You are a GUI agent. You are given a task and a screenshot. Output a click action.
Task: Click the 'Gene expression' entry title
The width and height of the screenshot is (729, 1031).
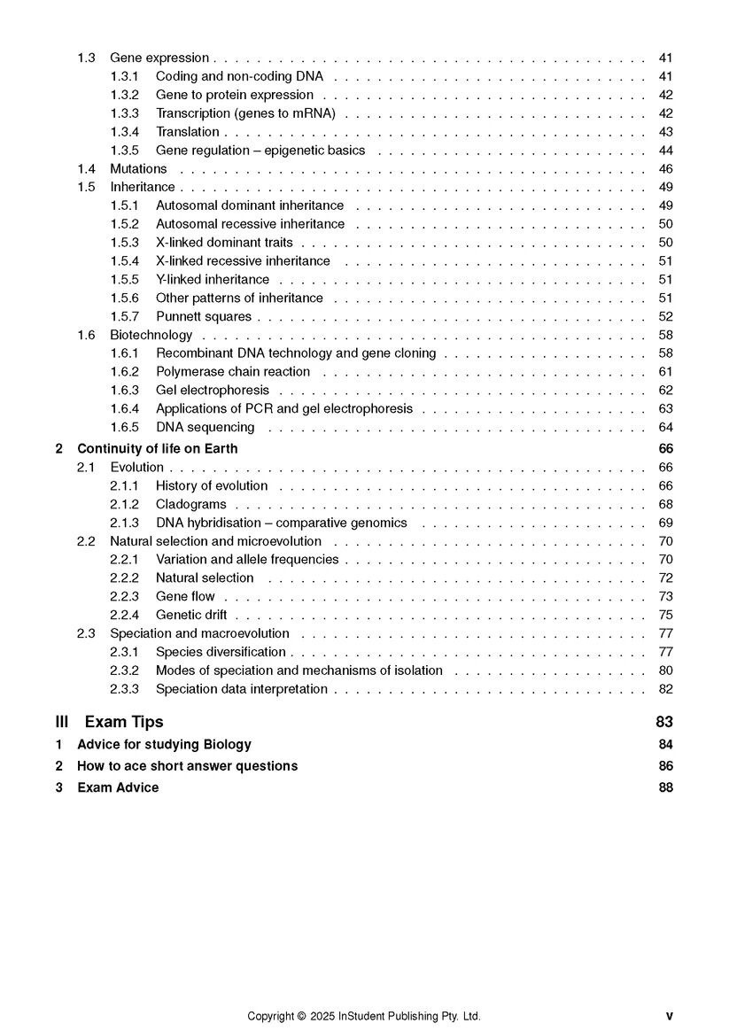pos(159,58)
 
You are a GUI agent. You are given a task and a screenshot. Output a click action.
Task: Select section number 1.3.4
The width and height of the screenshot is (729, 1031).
pos(125,132)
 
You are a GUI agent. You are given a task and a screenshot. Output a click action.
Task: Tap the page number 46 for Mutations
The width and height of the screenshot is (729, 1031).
pos(666,169)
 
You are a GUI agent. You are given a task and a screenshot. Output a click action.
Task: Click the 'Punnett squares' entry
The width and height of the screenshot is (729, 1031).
pos(204,316)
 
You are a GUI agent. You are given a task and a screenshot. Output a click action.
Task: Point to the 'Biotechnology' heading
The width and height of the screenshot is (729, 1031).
pos(151,335)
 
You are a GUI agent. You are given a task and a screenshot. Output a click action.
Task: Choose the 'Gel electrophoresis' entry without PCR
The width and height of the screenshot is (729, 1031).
pos(213,390)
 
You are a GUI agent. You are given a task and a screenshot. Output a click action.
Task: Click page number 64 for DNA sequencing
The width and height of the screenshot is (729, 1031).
pos(666,427)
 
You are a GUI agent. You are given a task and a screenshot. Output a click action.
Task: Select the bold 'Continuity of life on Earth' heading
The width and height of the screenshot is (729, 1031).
pos(158,449)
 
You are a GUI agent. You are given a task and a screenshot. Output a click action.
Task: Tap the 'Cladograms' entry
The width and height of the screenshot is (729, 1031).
pos(191,505)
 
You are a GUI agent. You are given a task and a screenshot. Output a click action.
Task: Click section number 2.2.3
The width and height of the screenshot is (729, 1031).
pos(125,597)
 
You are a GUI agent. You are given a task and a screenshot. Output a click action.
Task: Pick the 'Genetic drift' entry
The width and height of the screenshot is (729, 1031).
pos(191,615)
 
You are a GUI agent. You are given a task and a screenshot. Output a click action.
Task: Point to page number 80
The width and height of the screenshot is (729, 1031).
pos(666,671)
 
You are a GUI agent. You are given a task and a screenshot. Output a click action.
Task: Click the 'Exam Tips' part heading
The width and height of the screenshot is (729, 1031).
pos(124,722)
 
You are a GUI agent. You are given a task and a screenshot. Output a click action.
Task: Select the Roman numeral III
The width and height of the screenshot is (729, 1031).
pos(62,722)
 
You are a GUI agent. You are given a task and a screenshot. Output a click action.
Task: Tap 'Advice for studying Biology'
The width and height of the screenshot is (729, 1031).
pos(164,745)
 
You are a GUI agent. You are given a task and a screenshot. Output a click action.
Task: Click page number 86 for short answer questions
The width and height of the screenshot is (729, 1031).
pos(666,766)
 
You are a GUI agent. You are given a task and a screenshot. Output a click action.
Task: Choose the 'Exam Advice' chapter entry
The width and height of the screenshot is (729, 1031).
pos(118,787)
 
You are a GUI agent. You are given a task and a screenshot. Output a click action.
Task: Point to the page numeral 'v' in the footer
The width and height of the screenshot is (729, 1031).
pos(669,1017)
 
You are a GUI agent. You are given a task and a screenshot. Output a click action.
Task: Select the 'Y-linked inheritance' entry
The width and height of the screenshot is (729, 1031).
pos(213,280)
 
